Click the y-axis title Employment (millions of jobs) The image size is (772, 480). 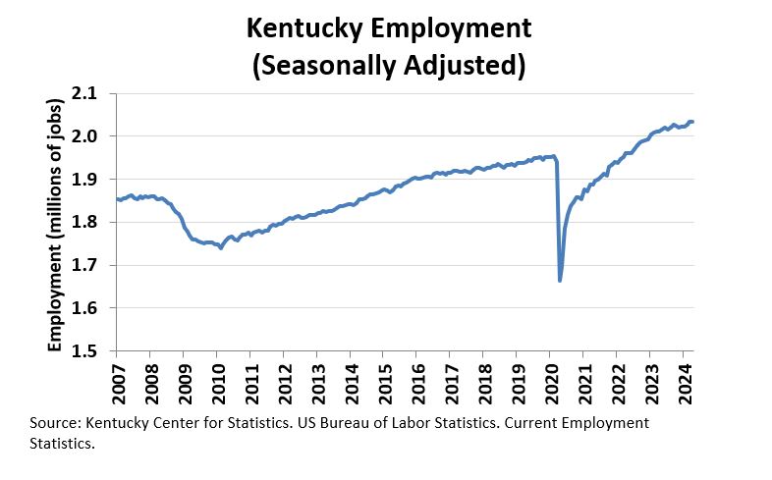coord(55,223)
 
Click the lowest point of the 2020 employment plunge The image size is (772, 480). coord(560,281)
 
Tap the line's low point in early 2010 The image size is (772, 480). coord(220,248)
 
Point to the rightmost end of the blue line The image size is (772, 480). coord(692,122)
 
